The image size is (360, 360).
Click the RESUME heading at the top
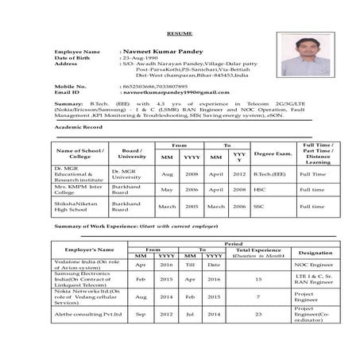180,34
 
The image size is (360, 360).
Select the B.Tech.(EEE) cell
269,173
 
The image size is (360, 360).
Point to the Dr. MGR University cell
126,173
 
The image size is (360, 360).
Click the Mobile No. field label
70,85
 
